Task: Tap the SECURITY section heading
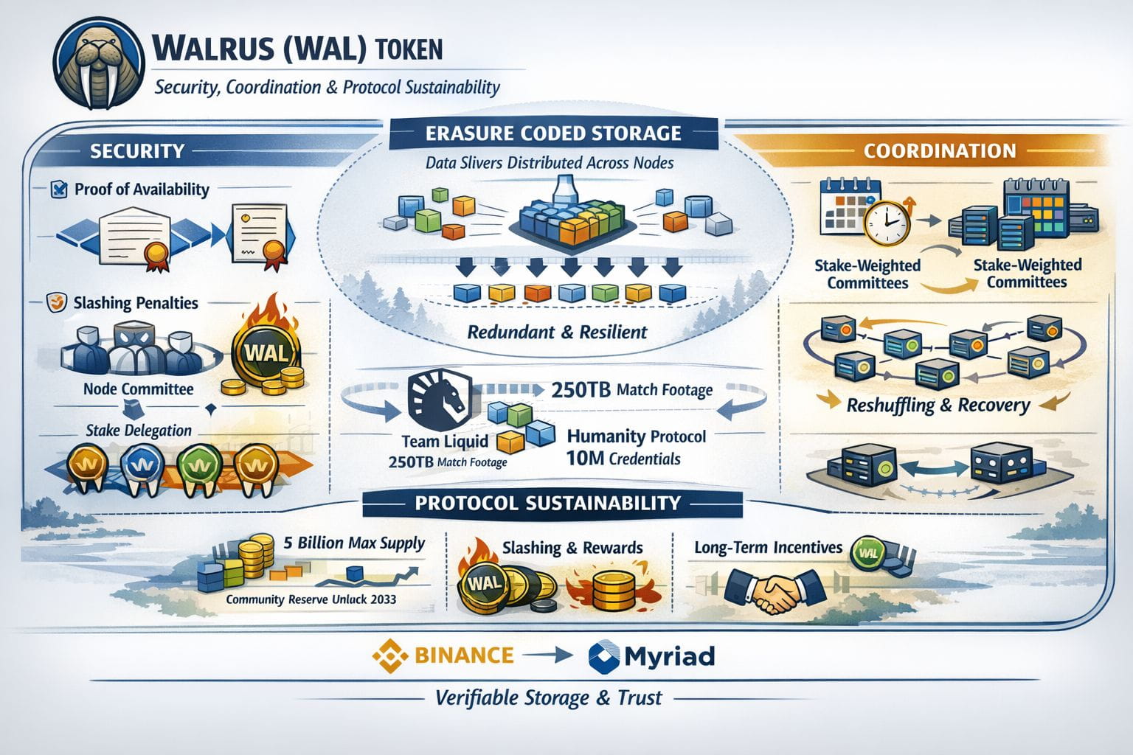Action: pyautogui.click(x=136, y=151)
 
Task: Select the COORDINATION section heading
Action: pyautogui.click(x=939, y=151)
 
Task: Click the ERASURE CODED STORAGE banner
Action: pyautogui.click(x=553, y=133)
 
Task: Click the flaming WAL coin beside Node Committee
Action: pyautogui.click(x=262, y=349)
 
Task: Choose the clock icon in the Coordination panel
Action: pyautogui.click(x=886, y=220)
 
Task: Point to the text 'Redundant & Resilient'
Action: pyautogui.click(x=557, y=332)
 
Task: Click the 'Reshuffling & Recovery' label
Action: pyautogui.click(x=938, y=406)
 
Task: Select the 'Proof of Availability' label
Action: pyautogui.click(x=142, y=189)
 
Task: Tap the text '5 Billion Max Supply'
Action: pyautogui.click(x=354, y=543)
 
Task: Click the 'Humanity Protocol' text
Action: pyautogui.click(x=636, y=436)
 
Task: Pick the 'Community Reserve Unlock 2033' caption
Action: pyautogui.click(x=311, y=599)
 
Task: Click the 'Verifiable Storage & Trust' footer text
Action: pyautogui.click(x=548, y=697)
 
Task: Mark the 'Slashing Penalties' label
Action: pyautogui.click(x=136, y=303)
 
